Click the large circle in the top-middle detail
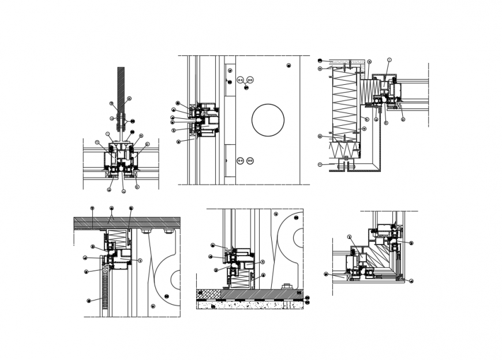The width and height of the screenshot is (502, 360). click(268, 120)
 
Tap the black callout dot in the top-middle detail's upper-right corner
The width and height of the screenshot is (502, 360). click(288, 66)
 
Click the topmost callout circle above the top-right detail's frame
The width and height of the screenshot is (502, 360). click(389, 59)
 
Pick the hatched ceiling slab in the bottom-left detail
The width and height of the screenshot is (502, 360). click(127, 223)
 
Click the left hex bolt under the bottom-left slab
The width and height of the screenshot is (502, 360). click(146, 231)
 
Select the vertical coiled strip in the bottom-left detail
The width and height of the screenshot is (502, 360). click(106, 292)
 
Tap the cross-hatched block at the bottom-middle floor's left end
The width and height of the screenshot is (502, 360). click(208, 294)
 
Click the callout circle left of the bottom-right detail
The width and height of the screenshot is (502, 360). click(326, 274)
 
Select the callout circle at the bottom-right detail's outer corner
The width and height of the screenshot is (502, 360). click(411, 281)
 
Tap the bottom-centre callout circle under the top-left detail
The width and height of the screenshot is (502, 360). click(123, 191)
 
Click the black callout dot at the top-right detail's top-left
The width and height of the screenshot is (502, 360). click(320, 60)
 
